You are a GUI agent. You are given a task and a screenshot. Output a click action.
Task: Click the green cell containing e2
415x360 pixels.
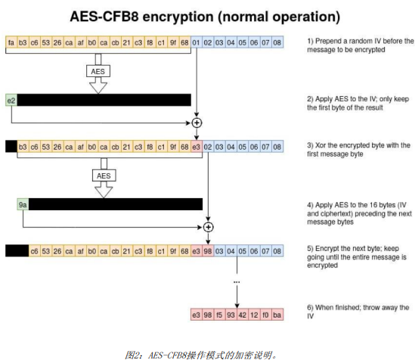tap(11, 99)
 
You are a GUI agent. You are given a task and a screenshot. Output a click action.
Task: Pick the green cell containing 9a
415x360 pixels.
tap(23, 204)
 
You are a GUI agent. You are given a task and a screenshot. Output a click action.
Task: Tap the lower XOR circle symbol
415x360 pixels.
tap(209, 225)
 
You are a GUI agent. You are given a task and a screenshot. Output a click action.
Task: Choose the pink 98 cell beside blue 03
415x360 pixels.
tap(209, 250)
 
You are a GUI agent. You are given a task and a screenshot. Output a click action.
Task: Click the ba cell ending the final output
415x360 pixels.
tap(277, 312)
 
